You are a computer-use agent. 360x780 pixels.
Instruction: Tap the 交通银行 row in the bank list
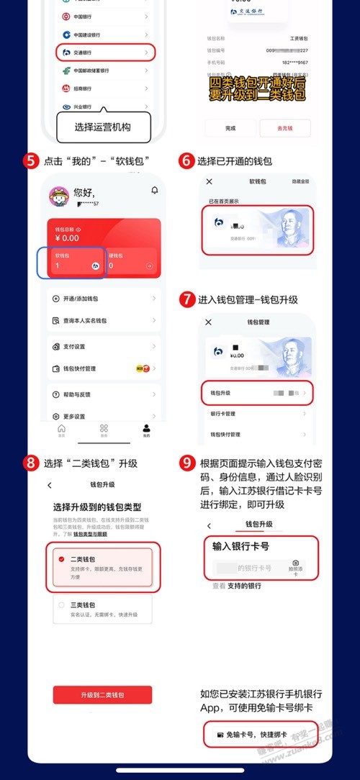click(104, 53)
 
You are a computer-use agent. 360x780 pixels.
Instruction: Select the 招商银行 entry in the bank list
click(104, 89)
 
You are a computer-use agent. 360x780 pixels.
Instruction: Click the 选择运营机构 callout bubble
click(104, 128)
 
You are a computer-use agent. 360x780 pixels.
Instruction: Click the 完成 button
click(230, 128)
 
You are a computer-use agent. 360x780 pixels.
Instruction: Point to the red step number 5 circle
click(31, 160)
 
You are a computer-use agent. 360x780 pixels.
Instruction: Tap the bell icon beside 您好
click(154, 190)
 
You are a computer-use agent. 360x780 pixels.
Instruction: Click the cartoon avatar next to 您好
click(58, 196)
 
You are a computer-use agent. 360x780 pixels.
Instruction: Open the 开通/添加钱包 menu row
click(104, 298)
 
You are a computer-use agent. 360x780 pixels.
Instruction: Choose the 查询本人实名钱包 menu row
click(104, 320)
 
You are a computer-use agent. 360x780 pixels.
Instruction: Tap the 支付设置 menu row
click(104, 346)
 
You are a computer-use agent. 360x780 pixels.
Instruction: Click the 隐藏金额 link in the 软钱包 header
click(300, 182)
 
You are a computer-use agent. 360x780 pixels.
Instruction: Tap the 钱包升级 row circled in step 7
click(257, 394)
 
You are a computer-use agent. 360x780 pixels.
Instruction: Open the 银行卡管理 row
click(257, 414)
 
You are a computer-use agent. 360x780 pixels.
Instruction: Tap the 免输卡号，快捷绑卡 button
click(257, 735)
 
